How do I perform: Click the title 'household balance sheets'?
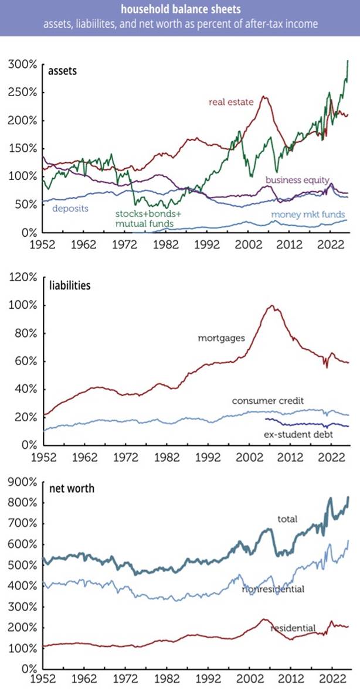179,8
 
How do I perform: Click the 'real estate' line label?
231,103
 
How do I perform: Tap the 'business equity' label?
297,180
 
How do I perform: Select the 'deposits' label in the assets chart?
70,208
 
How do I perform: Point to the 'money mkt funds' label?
308,214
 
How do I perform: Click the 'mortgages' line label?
222,339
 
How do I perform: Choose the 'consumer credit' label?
268,401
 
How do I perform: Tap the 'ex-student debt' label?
298,434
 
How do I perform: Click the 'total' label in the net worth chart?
287,518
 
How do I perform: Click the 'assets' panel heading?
62,70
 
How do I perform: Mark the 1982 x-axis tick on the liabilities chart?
167,456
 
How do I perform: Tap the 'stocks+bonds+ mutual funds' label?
144,219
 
